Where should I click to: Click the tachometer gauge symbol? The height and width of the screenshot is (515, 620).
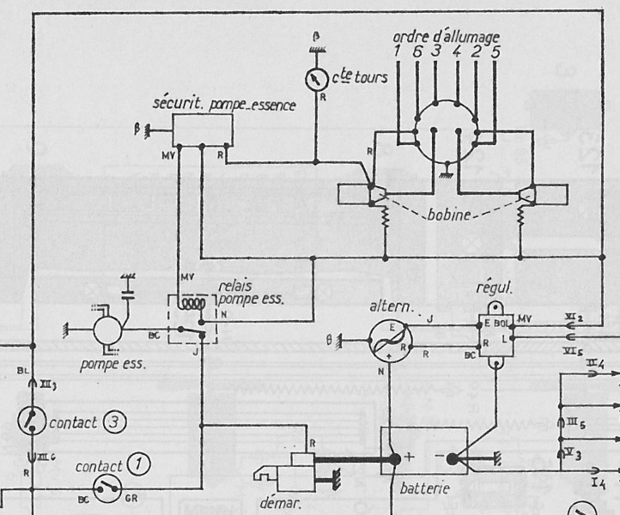(317, 78)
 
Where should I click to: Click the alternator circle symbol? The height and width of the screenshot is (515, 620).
(386, 337)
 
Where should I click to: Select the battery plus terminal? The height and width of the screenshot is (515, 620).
(396, 459)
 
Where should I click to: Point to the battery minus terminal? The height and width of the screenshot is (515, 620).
(453, 459)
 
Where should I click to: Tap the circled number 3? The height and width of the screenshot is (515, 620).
(113, 422)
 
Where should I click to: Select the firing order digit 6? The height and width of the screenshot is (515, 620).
(416, 53)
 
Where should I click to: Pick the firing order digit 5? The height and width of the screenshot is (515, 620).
(496, 53)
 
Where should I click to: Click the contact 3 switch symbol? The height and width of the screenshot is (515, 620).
(31, 421)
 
